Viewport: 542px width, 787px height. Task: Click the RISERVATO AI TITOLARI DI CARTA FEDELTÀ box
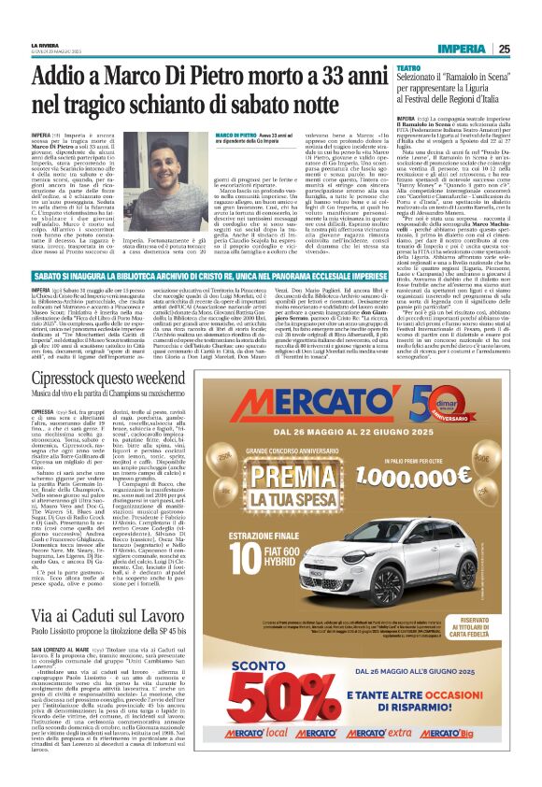point(473,627)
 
